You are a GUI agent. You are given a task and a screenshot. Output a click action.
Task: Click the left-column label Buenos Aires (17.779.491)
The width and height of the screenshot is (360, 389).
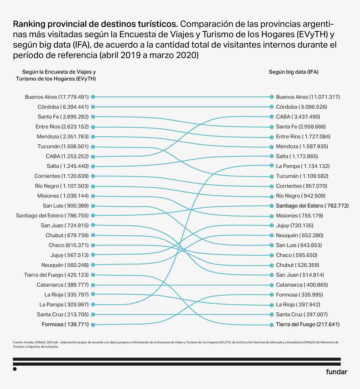[x=57, y=97]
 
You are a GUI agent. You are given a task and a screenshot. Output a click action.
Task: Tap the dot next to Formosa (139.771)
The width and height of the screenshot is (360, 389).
[x=93, y=324]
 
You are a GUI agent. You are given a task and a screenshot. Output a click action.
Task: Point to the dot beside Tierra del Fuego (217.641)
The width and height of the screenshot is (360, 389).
[x=272, y=324]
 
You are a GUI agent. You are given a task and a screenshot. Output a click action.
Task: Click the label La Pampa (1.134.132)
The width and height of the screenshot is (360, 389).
[x=302, y=166]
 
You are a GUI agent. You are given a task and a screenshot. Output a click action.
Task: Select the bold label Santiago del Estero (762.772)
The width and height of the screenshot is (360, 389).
[x=312, y=206]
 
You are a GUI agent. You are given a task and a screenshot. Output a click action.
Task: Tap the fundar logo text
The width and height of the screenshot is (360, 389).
[x=336, y=372]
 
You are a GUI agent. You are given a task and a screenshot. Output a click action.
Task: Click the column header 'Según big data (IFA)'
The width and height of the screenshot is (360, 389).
[x=294, y=72]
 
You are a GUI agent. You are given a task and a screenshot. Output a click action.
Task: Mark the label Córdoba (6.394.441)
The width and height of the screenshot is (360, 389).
[x=63, y=107]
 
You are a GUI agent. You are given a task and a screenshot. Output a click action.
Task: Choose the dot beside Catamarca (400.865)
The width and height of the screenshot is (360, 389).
[x=272, y=285]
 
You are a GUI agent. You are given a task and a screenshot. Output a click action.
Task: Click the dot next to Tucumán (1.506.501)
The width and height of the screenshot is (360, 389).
[x=93, y=147]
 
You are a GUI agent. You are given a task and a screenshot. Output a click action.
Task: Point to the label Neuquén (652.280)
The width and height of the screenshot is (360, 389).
[x=299, y=235]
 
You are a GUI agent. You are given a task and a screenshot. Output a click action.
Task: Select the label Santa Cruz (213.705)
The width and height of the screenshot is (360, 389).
[x=63, y=314]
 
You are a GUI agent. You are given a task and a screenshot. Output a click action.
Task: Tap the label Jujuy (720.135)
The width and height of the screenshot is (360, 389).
[x=294, y=225]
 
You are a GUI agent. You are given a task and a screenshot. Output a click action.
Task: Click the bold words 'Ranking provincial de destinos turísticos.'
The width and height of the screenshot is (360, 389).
[x=95, y=24]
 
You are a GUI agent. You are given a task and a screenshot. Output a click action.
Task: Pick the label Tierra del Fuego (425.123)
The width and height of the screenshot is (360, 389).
[x=56, y=275]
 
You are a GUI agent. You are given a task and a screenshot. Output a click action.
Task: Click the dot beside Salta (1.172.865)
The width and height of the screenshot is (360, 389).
[x=272, y=156]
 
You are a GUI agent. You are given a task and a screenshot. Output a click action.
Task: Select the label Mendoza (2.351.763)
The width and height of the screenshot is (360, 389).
[x=63, y=137]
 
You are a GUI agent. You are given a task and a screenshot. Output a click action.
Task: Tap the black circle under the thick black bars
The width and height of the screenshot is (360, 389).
[x=15, y=369]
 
